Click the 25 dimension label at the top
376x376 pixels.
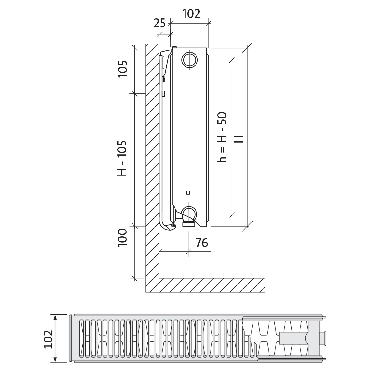tap(159, 23)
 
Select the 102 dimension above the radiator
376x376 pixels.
tap(191, 14)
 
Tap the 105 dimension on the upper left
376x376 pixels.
tap(123, 69)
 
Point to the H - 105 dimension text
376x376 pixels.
tap(122, 158)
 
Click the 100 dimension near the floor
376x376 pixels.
tap(122, 238)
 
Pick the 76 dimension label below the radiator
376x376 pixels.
tap(202, 243)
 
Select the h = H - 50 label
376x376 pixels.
tap(222, 137)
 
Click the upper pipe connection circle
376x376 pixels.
tap(190, 60)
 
